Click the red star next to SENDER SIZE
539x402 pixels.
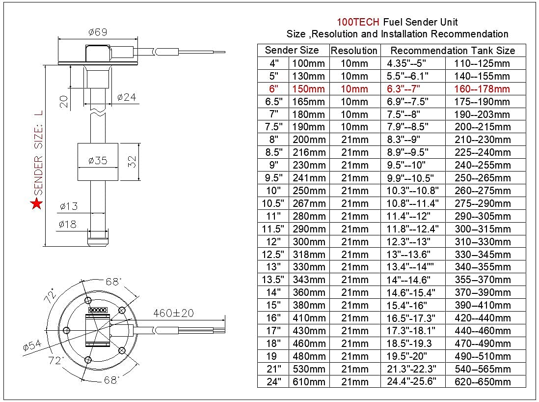(x=36, y=203)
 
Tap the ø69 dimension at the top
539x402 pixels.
(x=98, y=32)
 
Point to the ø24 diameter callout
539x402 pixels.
(x=127, y=97)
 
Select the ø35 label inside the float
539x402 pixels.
(x=98, y=160)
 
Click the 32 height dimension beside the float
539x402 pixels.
(x=132, y=162)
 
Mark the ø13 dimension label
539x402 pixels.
(x=68, y=206)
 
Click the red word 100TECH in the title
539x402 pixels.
(x=358, y=22)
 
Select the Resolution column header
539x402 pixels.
(x=354, y=51)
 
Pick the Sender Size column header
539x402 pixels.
(x=292, y=50)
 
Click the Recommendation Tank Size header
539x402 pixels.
(x=453, y=51)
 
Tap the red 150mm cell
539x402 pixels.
(x=308, y=89)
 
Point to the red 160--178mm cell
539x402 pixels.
(x=482, y=89)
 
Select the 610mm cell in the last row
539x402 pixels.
(x=308, y=382)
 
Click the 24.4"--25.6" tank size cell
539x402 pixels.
(x=411, y=382)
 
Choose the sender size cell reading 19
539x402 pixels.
(x=271, y=356)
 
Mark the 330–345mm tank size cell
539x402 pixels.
(x=482, y=254)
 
